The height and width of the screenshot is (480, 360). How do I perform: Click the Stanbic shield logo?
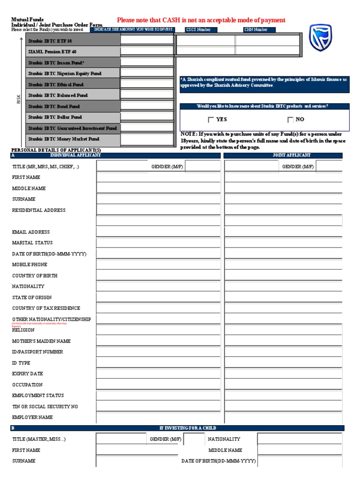point(321,38)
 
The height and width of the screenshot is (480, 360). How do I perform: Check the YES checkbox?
point(211,120)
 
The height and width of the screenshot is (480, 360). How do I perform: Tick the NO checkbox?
point(290,120)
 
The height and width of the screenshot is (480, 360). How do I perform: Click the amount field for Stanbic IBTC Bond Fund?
point(147,106)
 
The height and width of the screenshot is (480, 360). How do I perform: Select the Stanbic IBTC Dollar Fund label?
point(55,117)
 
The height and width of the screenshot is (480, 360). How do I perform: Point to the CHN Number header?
point(256,30)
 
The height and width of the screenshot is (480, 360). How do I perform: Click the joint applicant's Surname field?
point(283,199)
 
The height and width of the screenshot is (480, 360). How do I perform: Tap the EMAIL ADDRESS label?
point(31,232)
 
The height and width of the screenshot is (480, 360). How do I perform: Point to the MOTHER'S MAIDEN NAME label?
point(42,341)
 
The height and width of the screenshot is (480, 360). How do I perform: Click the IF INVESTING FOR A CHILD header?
point(187,428)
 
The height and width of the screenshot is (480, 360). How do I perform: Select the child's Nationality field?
point(299,439)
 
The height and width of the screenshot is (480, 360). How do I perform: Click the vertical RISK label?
point(19,99)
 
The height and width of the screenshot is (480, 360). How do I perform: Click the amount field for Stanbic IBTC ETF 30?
point(147,40)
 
